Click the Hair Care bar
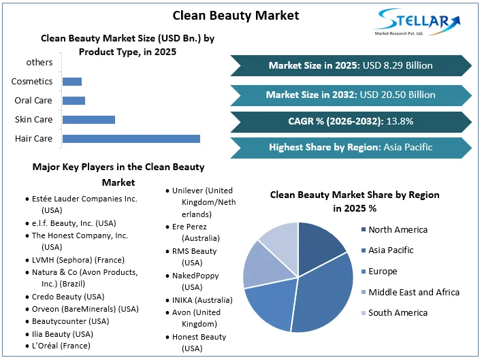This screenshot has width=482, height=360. click(x=131, y=139)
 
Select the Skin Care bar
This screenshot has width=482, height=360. click(x=89, y=120)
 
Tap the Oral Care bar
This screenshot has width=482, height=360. click(x=74, y=101)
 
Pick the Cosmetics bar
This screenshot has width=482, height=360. click(x=71, y=82)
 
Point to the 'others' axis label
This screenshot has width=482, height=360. click(x=39, y=63)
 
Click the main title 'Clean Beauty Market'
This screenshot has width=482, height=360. click(x=235, y=15)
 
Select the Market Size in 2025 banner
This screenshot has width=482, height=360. click(x=350, y=65)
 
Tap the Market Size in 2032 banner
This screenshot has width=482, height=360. click(x=350, y=95)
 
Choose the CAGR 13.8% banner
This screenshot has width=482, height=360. click(x=350, y=121)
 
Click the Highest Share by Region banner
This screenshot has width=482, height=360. click(x=350, y=147)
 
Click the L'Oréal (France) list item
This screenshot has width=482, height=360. click(x=61, y=346)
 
